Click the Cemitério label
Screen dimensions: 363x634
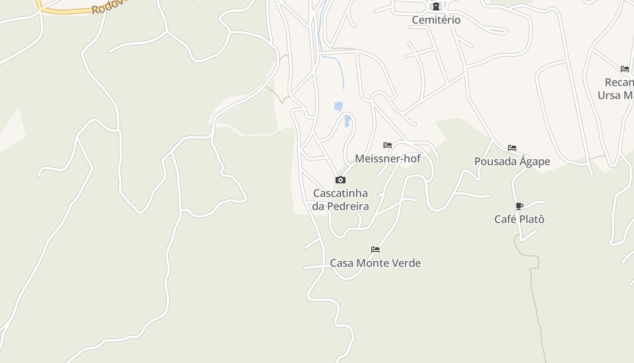[x=436, y=20]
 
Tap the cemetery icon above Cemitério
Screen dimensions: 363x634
[x=436, y=6]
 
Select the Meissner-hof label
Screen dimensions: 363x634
[x=388, y=159]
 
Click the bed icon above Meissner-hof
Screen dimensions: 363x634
[x=388, y=145]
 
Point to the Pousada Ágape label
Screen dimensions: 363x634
[x=512, y=162]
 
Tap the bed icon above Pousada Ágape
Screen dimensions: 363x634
[x=512, y=148]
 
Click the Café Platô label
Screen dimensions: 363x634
[x=519, y=220]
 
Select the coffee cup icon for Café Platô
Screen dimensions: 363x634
[x=519, y=206]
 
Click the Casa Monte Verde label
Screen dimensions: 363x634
[x=375, y=263]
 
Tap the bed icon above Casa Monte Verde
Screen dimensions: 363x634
[x=375, y=250]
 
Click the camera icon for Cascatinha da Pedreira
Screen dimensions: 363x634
[x=341, y=180]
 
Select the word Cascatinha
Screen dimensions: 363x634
[x=341, y=194]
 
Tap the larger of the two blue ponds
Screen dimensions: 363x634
[x=338, y=107]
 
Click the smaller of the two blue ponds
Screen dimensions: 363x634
[x=347, y=121]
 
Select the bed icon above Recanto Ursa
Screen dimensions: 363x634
[x=625, y=69]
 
